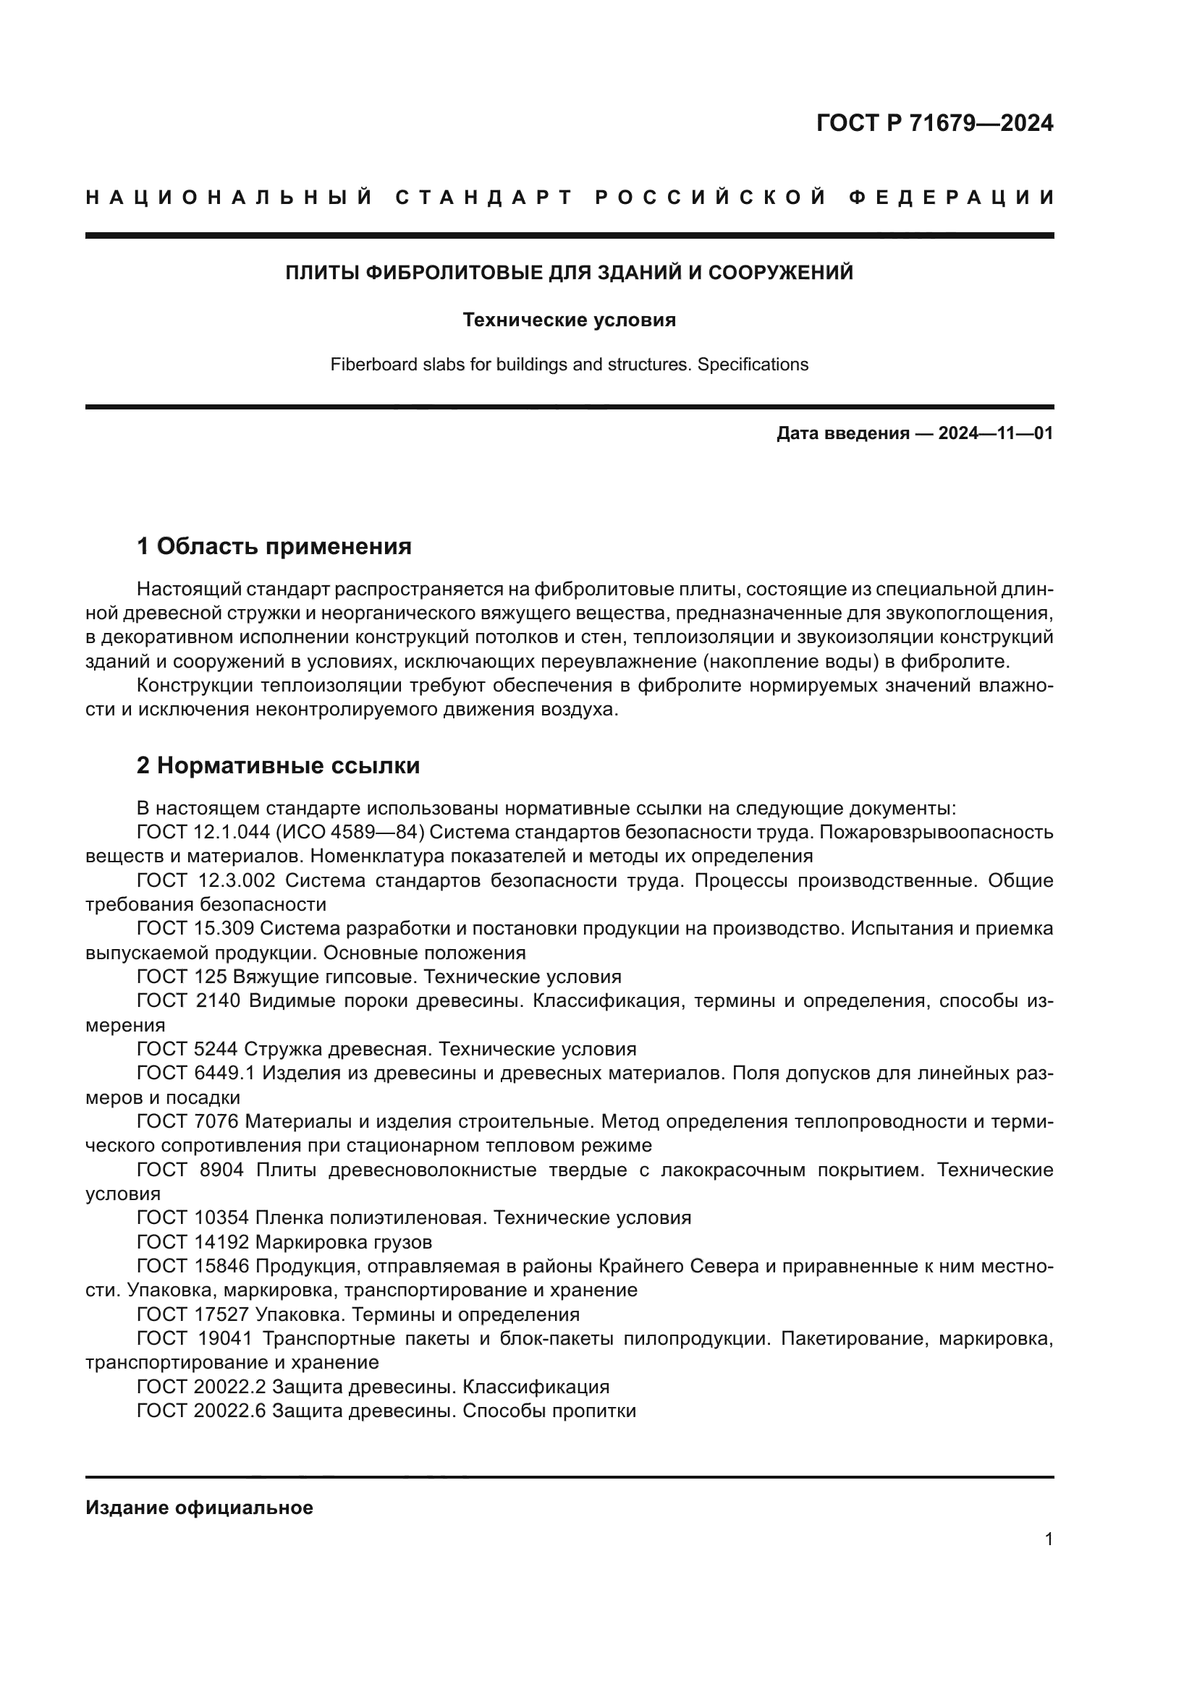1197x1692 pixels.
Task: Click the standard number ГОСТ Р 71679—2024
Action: click(934, 123)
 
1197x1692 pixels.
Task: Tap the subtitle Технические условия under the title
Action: click(569, 320)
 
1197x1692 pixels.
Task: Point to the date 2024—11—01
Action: click(995, 433)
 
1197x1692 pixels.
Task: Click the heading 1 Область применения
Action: click(274, 547)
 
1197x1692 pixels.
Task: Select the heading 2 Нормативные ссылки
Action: click(278, 765)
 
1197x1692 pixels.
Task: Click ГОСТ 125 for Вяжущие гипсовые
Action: click(182, 977)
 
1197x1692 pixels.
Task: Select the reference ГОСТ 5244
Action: click(187, 1050)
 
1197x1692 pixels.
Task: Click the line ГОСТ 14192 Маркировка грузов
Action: click(284, 1243)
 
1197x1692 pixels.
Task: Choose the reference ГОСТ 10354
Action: click(193, 1218)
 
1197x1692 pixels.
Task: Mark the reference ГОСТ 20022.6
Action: click(201, 1411)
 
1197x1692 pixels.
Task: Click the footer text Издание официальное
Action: click(199, 1508)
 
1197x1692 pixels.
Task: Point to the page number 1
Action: click(1048, 1539)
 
